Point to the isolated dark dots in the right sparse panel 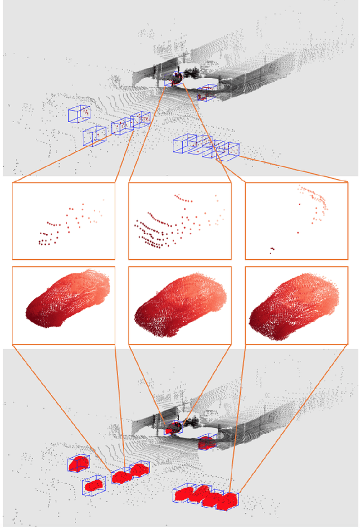pos(272,249)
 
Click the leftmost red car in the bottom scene pos(79,463)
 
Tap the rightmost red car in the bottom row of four pos(228,500)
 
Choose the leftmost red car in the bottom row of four pos(184,494)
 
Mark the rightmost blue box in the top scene pos(231,150)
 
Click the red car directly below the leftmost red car pos(94,484)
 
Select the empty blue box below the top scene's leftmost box pos(94,136)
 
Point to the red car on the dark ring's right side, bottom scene pos(206,443)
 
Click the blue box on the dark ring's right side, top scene pos(206,92)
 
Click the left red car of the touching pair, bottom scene pos(120,477)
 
